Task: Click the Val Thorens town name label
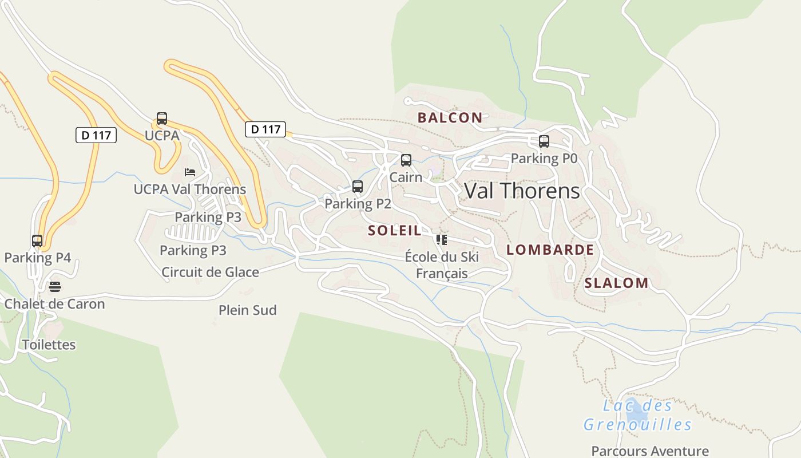pyautogui.click(x=522, y=191)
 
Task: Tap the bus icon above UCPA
pyautogui.click(x=162, y=119)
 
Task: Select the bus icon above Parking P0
pyautogui.click(x=544, y=141)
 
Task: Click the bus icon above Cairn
pyautogui.click(x=406, y=160)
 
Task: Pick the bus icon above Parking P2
pyautogui.click(x=358, y=187)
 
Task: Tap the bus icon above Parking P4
pyautogui.click(x=37, y=241)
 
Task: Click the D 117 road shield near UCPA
pyautogui.click(x=96, y=135)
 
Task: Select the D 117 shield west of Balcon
pyautogui.click(x=265, y=129)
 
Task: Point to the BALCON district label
pyautogui.click(x=450, y=118)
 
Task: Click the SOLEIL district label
pyautogui.click(x=395, y=231)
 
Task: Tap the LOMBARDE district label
pyautogui.click(x=550, y=250)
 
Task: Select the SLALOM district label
pyautogui.click(x=616, y=283)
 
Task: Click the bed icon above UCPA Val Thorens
pyautogui.click(x=189, y=172)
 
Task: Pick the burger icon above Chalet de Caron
pyautogui.click(x=54, y=286)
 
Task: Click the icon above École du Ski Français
pyautogui.click(x=441, y=239)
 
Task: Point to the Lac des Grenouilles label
pyautogui.click(x=637, y=415)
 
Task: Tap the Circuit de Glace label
pyautogui.click(x=210, y=272)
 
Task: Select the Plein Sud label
pyautogui.click(x=247, y=310)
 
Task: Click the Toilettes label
pyautogui.click(x=49, y=345)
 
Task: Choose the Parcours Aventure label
pyautogui.click(x=650, y=451)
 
